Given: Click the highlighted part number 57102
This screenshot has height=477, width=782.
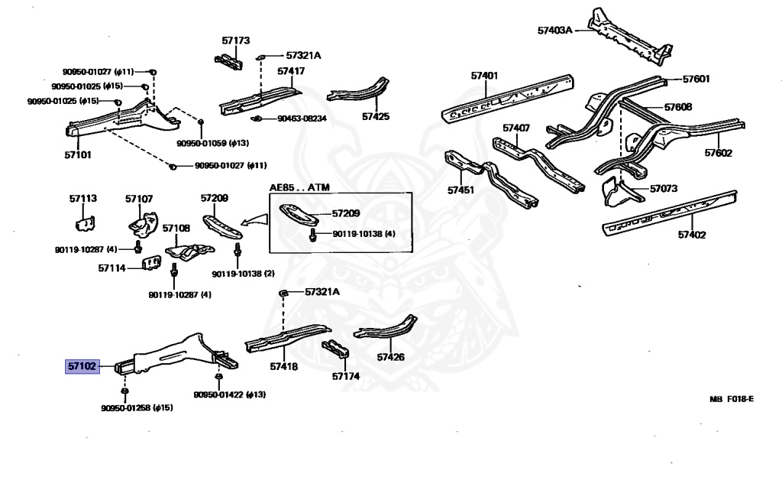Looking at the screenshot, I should tap(82, 367).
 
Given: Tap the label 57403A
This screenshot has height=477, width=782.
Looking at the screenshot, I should tap(554, 31).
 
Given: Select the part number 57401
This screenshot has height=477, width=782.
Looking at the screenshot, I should tap(484, 76).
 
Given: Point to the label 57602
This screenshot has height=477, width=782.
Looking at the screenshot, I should tap(718, 153).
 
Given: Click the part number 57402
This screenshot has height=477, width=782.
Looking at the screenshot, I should tap(691, 235).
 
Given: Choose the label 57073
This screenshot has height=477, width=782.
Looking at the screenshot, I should tap(663, 188).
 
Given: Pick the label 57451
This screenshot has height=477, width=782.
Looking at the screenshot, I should tap(461, 190).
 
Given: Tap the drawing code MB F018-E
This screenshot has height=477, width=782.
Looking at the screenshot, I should tap(731, 399).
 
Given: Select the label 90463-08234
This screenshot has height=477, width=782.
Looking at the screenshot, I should tap(301, 119).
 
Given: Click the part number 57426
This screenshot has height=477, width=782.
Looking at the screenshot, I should tap(390, 356).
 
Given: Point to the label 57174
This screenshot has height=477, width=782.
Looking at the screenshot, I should tap(345, 376).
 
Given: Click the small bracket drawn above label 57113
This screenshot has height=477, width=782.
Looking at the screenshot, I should tap(83, 222).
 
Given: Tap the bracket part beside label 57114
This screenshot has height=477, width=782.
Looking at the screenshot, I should tap(153, 264).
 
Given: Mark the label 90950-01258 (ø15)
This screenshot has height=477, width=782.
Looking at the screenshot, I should tap(137, 408).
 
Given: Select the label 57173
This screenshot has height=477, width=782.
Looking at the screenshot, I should tap(236, 40).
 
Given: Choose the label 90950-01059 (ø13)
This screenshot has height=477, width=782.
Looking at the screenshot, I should tap(212, 143).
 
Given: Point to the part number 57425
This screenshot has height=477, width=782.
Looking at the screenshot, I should tap(375, 117).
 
